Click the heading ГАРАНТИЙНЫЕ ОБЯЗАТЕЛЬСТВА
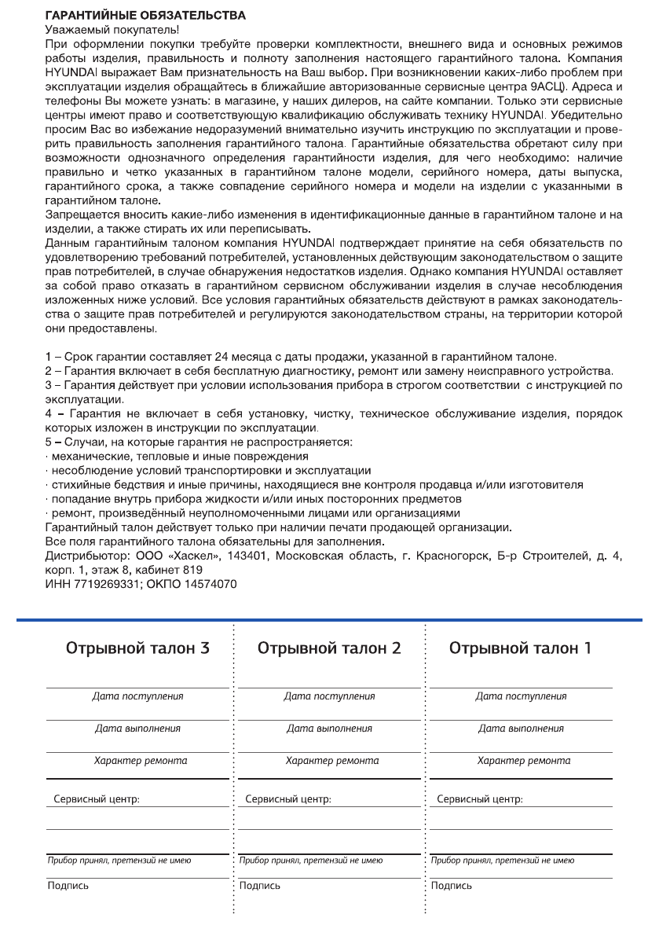[145, 15]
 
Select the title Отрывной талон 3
[137, 648]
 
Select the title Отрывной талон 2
[329, 648]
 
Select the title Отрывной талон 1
[521, 648]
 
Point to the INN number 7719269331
[103, 584]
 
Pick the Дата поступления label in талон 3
[137, 696]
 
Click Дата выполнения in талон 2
[329, 729]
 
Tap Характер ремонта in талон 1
[524, 761]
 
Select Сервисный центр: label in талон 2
[288, 799]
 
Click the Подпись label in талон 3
[67, 886]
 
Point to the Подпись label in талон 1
[452, 886]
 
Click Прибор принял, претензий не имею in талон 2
[311, 861]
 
